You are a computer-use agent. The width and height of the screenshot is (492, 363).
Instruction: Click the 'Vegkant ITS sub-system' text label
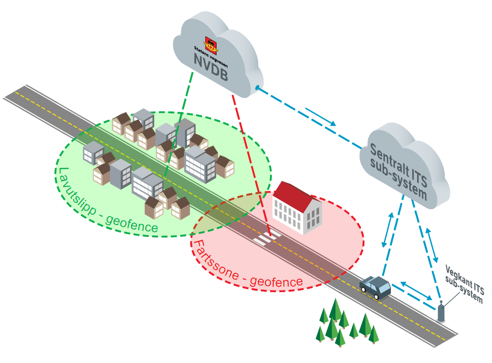(464, 284)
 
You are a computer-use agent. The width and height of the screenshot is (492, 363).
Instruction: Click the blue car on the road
(375, 287)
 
